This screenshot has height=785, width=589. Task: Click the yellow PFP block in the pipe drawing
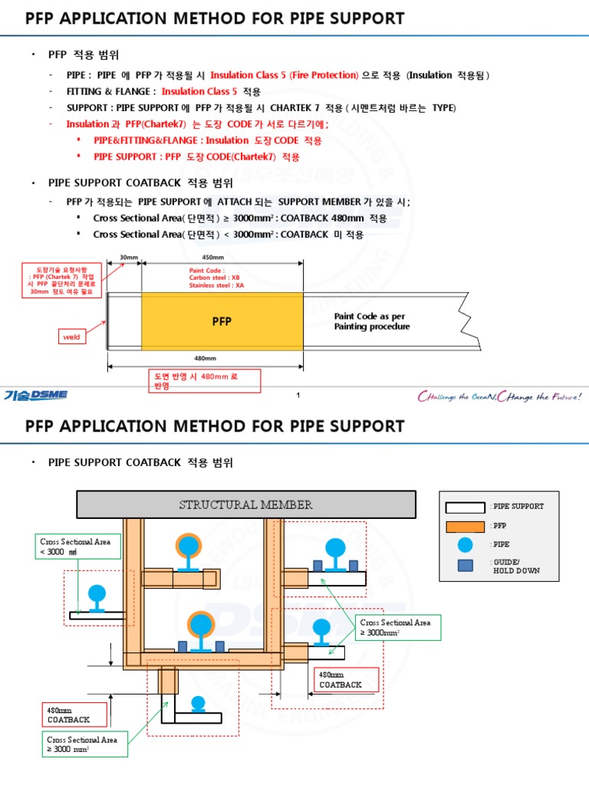[222, 322]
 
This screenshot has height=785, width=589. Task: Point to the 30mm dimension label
[128, 257]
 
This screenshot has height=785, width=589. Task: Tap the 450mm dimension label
[212, 257]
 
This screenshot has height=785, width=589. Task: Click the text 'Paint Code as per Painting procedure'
[372, 321]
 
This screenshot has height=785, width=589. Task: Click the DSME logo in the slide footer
[36, 395]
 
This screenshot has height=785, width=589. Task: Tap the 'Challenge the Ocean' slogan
[499, 396]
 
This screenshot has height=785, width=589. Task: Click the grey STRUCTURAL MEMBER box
[245, 504]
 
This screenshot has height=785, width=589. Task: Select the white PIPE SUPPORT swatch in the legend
[465, 507]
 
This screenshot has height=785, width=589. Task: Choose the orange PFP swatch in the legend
[465, 526]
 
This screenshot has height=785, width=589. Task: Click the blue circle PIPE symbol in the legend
[466, 545]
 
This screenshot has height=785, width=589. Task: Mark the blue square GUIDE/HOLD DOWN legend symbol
[466, 566]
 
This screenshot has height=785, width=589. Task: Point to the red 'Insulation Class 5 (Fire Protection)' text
[284, 75]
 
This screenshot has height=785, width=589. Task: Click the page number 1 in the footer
[298, 396]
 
